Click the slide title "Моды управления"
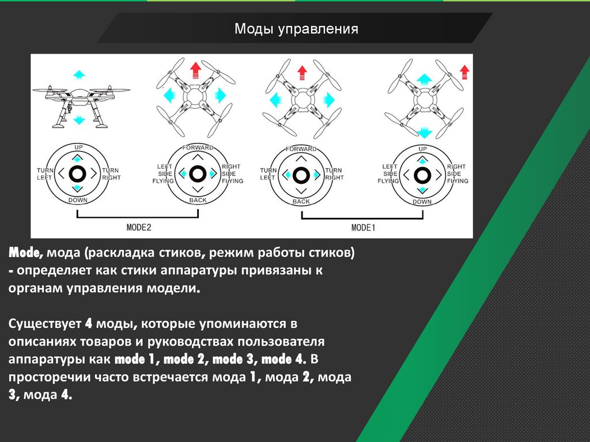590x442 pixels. point(296,29)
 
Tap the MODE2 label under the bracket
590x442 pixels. point(138,227)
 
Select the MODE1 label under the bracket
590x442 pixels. point(363,228)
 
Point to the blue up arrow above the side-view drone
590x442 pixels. point(79,74)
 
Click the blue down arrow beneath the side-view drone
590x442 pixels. point(80,120)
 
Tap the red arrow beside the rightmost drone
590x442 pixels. point(465,72)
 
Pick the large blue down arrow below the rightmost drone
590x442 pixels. point(425,132)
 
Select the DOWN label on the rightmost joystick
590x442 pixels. point(422,202)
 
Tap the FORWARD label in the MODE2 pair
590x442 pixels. point(197,148)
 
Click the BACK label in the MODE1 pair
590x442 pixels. point(301,202)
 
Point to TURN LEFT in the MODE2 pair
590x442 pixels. point(44,174)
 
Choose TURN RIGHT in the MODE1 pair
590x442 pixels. point(334,174)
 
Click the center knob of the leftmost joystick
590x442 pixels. point(78,173)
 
